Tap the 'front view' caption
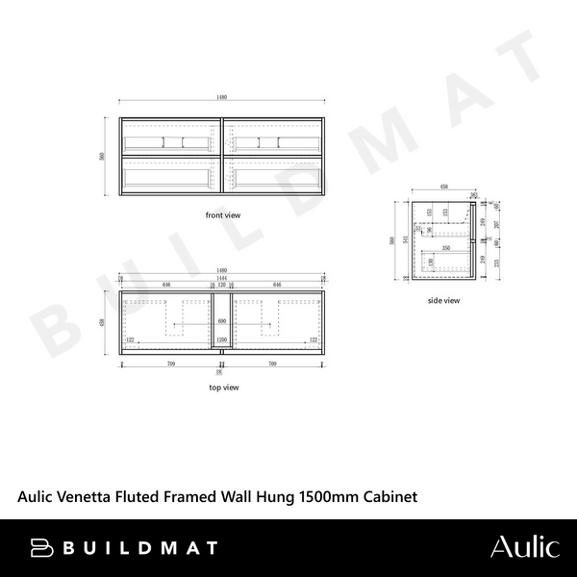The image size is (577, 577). [x=223, y=215]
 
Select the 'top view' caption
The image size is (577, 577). [x=223, y=388]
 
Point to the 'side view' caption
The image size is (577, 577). [x=444, y=301]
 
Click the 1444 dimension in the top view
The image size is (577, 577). [x=223, y=278]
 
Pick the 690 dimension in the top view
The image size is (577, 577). [x=223, y=319]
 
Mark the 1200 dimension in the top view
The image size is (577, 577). [x=223, y=340]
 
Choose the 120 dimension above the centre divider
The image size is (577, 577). [x=223, y=286]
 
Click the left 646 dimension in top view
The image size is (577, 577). [x=166, y=286]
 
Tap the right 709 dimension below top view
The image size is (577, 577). [x=274, y=364]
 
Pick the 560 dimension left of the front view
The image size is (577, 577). [x=103, y=156]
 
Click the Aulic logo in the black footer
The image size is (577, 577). [x=523, y=547]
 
